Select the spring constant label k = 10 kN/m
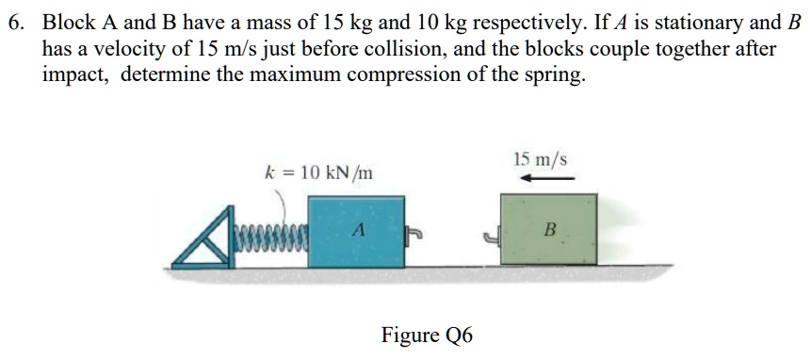pos(318,172)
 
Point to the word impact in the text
pos(74,74)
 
